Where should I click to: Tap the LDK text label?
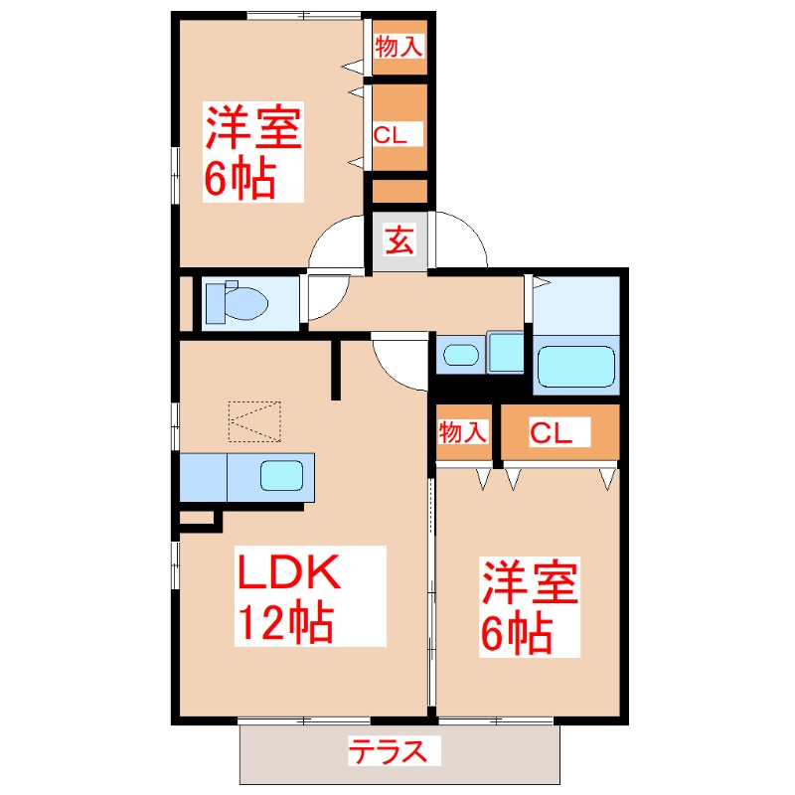(288, 573)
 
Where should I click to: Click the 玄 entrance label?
(399, 241)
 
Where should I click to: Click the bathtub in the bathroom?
(575, 367)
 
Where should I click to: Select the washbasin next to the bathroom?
(458, 354)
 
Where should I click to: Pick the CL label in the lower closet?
(550, 432)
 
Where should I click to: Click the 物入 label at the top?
(398, 47)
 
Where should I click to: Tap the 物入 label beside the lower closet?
(464, 432)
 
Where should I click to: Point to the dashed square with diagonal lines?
(254, 421)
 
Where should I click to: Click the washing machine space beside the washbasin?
(506, 352)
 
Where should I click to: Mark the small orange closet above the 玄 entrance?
(399, 190)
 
